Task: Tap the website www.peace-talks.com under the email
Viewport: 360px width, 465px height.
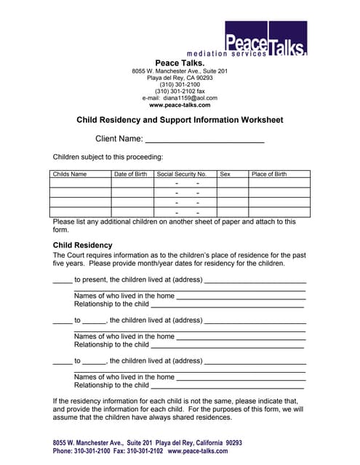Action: pyautogui.click(x=180, y=105)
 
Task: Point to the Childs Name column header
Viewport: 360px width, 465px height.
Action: pyautogui.click(x=70, y=174)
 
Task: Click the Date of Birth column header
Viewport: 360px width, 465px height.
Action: pyautogui.click(x=131, y=174)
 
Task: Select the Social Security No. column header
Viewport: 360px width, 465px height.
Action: pyautogui.click(x=182, y=174)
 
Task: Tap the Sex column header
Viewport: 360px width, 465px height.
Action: pyautogui.click(x=225, y=174)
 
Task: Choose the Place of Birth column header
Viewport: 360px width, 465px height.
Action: pyautogui.click(x=269, y=174)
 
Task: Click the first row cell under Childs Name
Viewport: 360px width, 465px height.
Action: pyautogui.click(x=80, y=184)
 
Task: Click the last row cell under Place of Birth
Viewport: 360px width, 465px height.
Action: pyautogui.click(x=279, y=212)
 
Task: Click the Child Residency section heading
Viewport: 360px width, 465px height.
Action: pyautogui.click(x=83, y=246)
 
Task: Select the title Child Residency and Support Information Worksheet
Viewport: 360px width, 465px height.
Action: pyautogui.click(x=180, y=120)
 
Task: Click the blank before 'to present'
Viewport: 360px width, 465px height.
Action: pyautogui.click(x=63, y=280)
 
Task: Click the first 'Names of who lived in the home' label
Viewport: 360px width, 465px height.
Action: pyautogui.click(x=124, y=296)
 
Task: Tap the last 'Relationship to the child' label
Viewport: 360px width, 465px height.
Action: pyautogui.click(x=111, y=385)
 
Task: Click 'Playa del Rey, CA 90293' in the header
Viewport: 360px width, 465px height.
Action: pyautogui.click(x=180, y=78)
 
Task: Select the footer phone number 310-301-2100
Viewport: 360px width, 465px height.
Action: pyautogui.click(x=92, y=451)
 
